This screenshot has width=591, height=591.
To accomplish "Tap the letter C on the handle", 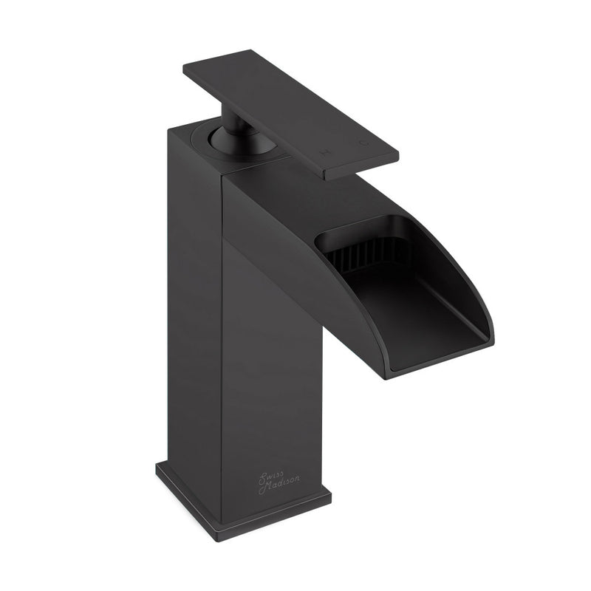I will pyautogui.click(x=361, y=142).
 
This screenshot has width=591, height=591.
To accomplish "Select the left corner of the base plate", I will pyautogui.click(x=157, y=467).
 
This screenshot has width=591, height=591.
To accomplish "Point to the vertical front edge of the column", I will pyautogui.click(x=222, y=332).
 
